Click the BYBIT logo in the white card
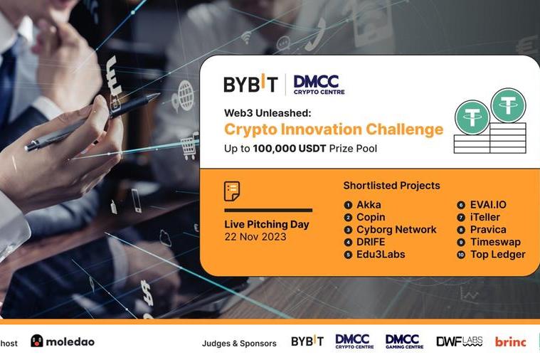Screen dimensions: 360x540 pos(250,84)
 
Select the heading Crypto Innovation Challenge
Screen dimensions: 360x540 pos(333,129)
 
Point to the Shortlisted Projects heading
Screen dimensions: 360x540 pos(391,186)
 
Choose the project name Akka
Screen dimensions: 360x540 pos(369,205)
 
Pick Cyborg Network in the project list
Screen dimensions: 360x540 pos(396,230)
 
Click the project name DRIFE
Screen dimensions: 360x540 pos(371,242)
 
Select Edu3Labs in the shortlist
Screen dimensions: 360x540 pos(381,254)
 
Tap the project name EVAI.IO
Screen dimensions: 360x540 pos(488,205)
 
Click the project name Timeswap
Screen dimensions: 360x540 pos(495,242)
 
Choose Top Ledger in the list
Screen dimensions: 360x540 pos(497,254)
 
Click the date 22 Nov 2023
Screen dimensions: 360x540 pos(255,237)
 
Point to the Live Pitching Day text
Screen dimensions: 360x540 pos(267,225)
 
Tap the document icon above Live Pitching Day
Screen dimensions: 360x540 pos(232,191)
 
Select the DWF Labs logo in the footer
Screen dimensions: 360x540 pos(459,342)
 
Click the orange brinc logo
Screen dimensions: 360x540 pos(510,342)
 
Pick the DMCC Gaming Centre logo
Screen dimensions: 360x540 pos(404,342)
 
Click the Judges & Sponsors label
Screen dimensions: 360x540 pos(239,344)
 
